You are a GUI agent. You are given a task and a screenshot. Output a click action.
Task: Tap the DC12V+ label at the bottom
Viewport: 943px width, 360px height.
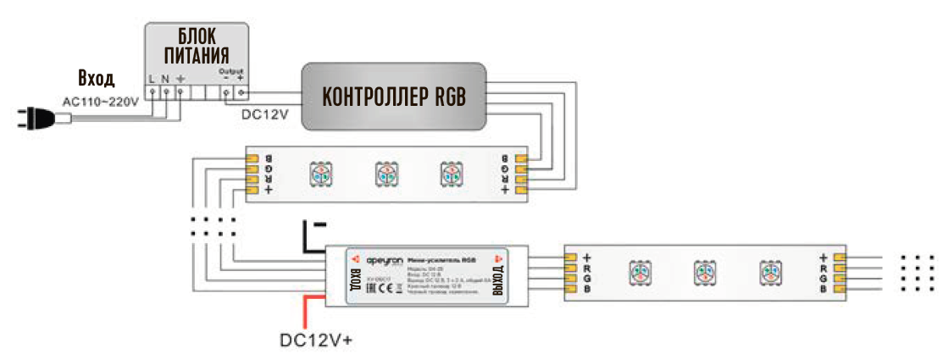click(x=316, y=341)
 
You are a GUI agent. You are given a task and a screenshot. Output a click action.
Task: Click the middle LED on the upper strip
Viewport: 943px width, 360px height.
click(x=386, y=174)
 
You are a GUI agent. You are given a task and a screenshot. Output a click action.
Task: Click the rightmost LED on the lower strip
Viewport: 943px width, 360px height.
click(x=770, y=272)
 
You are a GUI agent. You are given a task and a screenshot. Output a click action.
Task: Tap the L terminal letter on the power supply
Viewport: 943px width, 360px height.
click(x=152, y=79)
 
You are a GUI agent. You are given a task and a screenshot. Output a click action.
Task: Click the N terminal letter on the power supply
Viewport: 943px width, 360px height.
click(x=165, y=79)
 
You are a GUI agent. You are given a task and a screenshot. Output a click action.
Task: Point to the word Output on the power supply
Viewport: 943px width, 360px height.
click(x=230, y=71)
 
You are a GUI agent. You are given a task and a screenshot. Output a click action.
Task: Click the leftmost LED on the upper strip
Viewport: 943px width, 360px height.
click(x=321, y=174)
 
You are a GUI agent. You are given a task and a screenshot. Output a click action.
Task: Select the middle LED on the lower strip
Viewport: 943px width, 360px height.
click(x=704, y=272)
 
